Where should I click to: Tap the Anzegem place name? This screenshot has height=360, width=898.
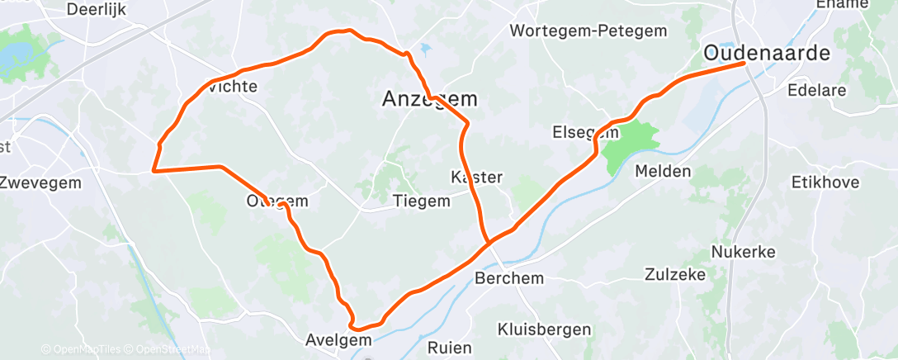pos(430,99)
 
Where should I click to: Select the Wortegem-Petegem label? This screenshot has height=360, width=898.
pos(588,31)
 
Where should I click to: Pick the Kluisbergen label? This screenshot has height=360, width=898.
pos(544,329)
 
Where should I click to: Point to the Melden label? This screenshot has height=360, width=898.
pos(663,171)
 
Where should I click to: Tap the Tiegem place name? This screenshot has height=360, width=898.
pos(422,201)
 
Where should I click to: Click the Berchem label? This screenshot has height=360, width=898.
pos(509,278)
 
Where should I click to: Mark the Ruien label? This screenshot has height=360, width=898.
pos(450,347)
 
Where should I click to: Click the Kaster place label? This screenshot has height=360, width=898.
pos(477,178)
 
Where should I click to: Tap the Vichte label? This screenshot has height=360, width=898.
pos(233,86)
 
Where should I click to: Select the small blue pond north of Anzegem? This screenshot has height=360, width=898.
pos(425,49)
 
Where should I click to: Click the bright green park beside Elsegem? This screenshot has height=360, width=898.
pos(629,142)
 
